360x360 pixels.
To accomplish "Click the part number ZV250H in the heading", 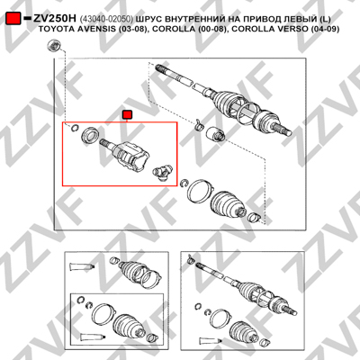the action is (55, 19).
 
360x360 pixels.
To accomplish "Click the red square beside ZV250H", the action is (13, 19).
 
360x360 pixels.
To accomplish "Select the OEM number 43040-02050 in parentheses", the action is (106, 19).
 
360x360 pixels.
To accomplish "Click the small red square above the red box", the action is (128, 114).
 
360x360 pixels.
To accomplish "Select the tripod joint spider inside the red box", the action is (163, 172).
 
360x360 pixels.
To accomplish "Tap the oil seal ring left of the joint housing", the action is (90, 135).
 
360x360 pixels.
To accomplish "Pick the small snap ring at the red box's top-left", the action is (74, 128).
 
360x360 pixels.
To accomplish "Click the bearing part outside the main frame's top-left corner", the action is (54, 45).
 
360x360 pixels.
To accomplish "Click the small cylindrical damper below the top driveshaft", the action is (215, 134).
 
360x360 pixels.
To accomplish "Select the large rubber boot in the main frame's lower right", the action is (229, 204).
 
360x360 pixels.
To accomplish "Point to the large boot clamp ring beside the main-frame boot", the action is (201, 190).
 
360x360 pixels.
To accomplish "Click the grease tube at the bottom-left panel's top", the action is (81, 266).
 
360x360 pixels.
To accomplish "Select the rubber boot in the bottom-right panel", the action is (245, 330).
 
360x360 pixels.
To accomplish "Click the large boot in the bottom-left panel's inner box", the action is (128, 328).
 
